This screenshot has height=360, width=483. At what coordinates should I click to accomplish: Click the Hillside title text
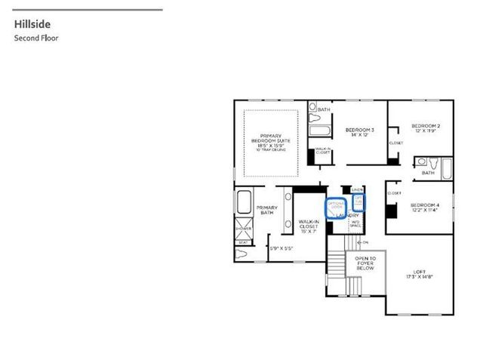29,24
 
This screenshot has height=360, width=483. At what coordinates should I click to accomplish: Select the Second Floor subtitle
35,37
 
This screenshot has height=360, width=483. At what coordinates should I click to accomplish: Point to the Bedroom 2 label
425,128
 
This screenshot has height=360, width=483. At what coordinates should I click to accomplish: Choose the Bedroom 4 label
424,208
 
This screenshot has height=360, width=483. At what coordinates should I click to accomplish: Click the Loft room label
419,274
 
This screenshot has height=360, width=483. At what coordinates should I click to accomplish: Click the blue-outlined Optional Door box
336,205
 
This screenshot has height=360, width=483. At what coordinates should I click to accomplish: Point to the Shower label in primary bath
243,227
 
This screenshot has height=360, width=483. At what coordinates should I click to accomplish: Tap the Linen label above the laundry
358,189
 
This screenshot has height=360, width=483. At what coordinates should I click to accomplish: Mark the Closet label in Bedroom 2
395,143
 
